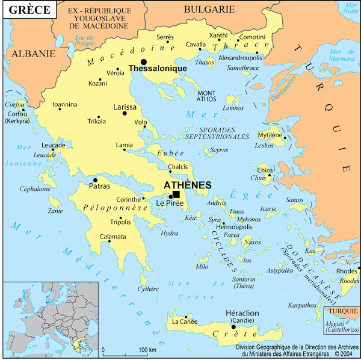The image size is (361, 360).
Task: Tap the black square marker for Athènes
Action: (x=176, y=194)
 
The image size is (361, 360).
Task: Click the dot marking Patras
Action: (x=95, y=180)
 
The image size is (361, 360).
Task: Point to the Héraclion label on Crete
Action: (x=242, y=314)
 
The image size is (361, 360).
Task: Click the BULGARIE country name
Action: (x=209, y=9)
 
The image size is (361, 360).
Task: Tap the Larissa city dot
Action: (x=125, y=113)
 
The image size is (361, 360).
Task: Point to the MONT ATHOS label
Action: (x=206, y=96)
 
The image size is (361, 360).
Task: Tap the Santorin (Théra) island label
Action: (x=244, y=282)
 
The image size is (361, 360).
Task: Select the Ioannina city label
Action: (x=65, y=105)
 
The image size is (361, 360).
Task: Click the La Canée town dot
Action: (x=187, y=316)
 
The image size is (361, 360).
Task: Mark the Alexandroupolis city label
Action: (x=239, y=58)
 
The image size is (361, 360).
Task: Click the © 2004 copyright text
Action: (x=341, y=355)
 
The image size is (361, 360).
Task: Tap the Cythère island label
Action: (x=149, y=290)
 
